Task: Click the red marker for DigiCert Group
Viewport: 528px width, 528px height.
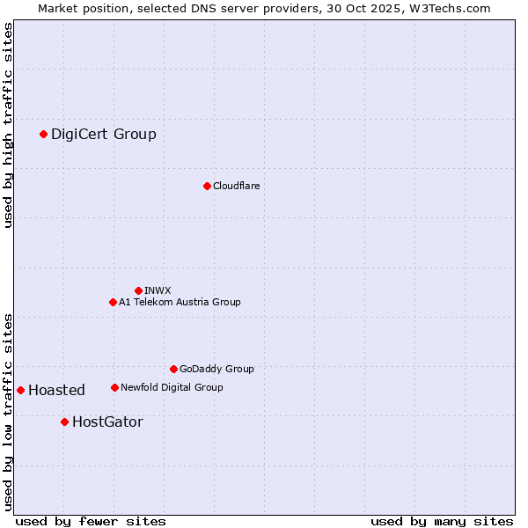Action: [43, 134]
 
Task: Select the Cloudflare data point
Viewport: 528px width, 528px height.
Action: [207, 186]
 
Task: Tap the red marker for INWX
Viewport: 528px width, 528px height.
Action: [138, 290]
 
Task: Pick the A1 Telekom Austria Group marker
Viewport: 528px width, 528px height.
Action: [113, 302]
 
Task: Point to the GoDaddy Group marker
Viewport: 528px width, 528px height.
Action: [173, 369]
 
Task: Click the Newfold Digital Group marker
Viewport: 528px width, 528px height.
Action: [114, 387]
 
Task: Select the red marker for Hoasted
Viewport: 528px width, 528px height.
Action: [20, 390]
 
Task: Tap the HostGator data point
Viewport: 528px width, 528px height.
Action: [64, 422]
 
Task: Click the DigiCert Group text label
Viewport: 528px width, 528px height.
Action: [104, 134]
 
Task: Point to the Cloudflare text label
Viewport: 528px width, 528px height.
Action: [237, 186]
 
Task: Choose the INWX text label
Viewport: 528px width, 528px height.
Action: [158, 290]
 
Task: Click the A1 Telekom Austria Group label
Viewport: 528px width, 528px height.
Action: [180, 302]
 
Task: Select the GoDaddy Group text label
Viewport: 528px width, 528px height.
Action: [216, 369]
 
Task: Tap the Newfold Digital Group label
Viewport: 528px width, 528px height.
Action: [172, 387]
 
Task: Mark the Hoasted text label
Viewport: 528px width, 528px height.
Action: [56, 390]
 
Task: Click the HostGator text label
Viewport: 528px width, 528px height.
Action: [107, 422]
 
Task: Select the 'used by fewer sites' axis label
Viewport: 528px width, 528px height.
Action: [91, 521]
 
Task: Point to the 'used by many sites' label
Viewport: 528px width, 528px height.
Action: [442, 521]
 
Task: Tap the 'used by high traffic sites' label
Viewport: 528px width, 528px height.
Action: [8, 125]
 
